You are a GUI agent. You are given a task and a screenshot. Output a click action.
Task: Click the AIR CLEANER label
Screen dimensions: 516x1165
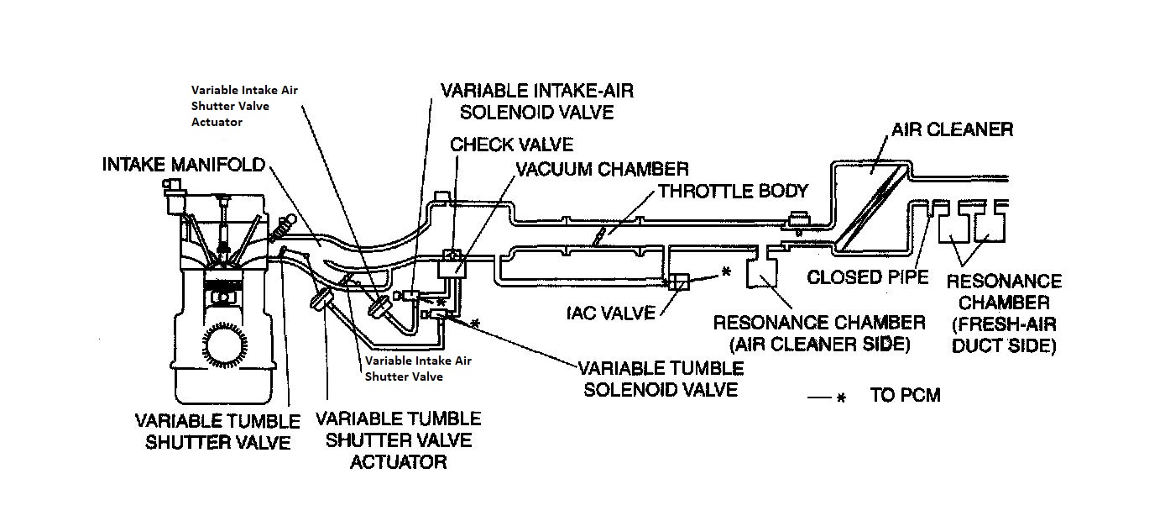pyautogui.click(x=952, y=129)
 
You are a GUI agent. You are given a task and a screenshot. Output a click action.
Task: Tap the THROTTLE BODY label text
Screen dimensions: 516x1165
pyautogui.click(x=733, y=191)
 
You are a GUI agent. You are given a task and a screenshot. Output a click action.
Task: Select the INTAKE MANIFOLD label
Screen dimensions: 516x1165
pyautogui.click(x=183, y=164)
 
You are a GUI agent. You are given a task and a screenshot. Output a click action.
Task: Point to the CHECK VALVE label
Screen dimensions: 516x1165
pyautogui.click(x=512, y=144)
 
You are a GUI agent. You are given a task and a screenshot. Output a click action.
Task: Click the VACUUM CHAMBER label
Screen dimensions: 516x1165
pyautogui.click(x=602, y=169)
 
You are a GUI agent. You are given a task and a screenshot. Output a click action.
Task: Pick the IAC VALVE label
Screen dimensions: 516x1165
pyautogui.click(x=611, y=313)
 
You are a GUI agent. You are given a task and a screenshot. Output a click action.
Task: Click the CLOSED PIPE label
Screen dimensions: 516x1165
pyautogui.click(x=869, y=277)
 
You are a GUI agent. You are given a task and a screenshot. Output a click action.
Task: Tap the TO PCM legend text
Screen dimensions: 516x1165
pyautogui.click(x=905, y=395)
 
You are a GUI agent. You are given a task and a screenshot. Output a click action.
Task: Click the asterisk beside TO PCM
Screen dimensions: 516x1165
pyautogui.click(x=840, y=397)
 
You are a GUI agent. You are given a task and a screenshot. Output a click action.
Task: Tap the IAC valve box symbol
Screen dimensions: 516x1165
pyautogui.click(x=677, y=283)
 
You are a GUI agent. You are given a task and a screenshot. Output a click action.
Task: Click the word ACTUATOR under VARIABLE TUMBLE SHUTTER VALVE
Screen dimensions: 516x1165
pyautogui.click(x=397, y=461)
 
